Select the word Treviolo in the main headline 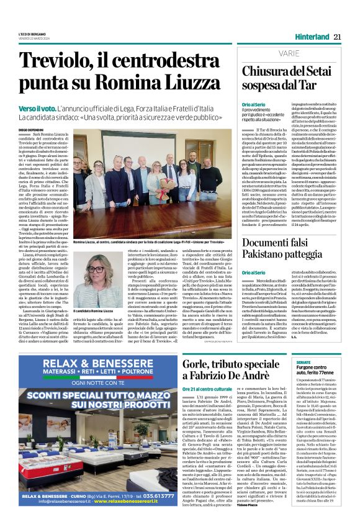click(x=55, y=60)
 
